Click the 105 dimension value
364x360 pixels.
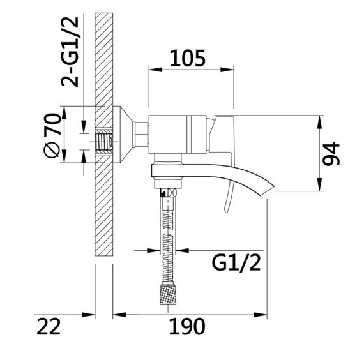pos(187,58)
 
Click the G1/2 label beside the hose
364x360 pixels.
pos(234,262)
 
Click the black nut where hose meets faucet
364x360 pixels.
pos(168,193)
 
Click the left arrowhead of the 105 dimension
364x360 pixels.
pos(153,71)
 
